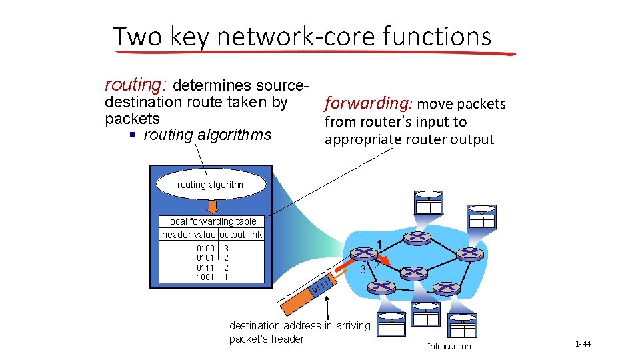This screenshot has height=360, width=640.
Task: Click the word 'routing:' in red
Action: [136, 85]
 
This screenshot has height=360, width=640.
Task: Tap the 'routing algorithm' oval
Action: [211, 185]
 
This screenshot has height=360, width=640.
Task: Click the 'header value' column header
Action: [188, 235]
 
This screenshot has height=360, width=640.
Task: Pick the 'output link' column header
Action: [241, 235]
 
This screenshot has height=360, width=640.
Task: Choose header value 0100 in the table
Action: [205, 248]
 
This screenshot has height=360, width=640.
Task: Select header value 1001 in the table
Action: [205, 277]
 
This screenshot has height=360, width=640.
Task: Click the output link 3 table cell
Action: [227, 248]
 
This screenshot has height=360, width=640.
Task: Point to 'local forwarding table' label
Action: [211, 221]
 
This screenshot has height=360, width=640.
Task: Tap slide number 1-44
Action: [582, 344]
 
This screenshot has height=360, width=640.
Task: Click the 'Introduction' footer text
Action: [449, 346]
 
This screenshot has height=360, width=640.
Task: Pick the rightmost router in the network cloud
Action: [471, 253]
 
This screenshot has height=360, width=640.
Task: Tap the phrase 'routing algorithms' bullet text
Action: [207, 135]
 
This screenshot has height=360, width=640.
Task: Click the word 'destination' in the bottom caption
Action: [255, 326]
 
